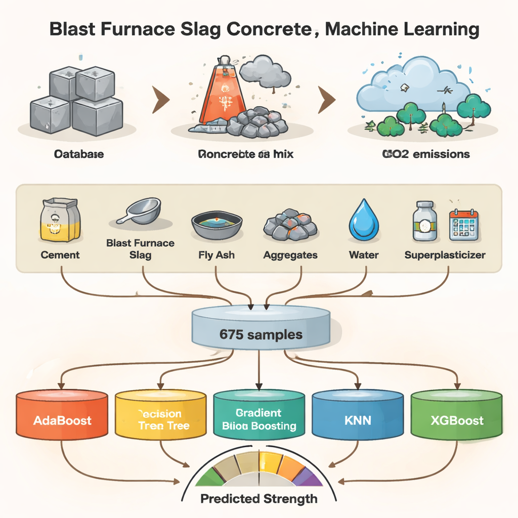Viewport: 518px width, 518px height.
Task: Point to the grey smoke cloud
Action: [x=265, y=73]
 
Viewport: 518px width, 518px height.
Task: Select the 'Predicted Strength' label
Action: [x=259, y=499]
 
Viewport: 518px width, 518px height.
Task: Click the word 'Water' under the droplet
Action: [x=364, y=255]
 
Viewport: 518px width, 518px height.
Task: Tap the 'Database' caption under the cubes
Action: [x=78, y=154]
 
